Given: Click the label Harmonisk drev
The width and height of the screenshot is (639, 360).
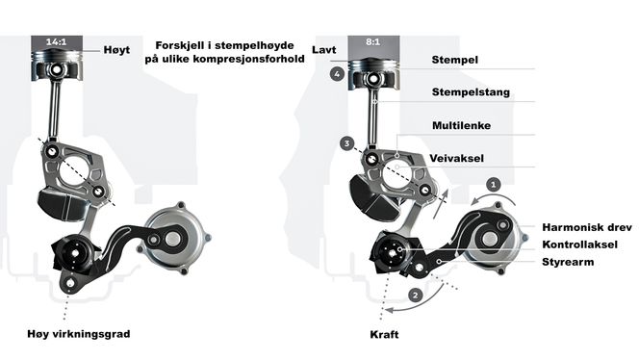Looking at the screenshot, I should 581,227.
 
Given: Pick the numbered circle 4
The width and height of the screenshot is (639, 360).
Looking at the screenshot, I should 336,73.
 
